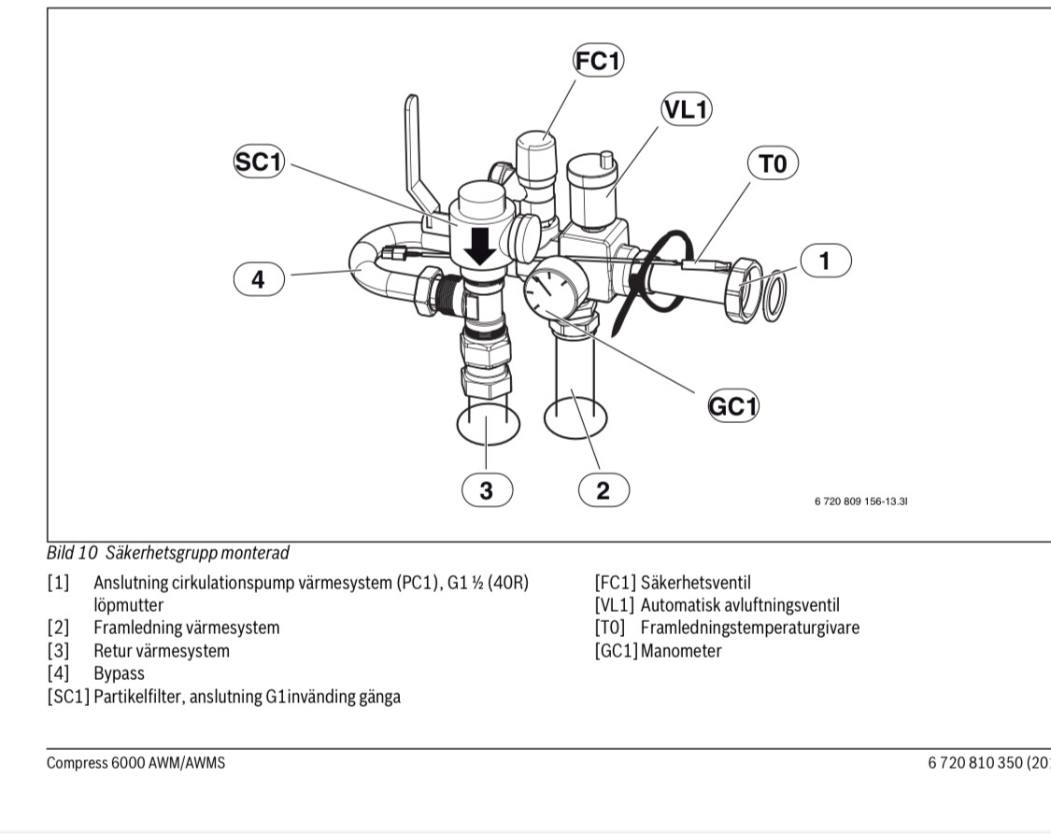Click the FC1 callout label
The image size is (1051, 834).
[x=598, y=62]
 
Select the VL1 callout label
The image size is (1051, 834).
[x=686, y=109]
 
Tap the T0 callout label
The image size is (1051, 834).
[x=773, y=164]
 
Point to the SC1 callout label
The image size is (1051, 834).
[x=258, y=162]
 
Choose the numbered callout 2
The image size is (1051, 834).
[x=603, y=489]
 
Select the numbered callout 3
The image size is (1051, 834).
[x=486, y=489]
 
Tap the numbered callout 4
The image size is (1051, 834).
[x=258, y=279]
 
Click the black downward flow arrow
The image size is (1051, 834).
[x=481, y=245]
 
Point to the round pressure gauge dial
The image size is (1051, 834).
[x=548, y=293]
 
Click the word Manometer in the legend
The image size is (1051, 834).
[x=680, y=651]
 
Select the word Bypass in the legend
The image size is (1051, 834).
[x=119, y=672]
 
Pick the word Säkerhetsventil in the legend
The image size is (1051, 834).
[x=696, y=583]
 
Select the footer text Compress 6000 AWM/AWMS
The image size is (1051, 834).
[x=136, y=763]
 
